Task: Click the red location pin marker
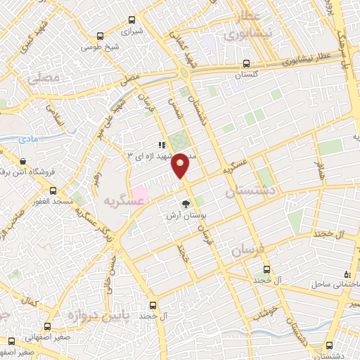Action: [x=181, y=165]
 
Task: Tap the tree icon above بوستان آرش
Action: [x=186, y=204]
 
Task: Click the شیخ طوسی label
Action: [x=92, y=47]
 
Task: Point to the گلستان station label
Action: [x=245, y=74]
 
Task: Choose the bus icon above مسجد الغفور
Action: [x=53, y=190]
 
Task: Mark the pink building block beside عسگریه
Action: [x=140, y=192]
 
